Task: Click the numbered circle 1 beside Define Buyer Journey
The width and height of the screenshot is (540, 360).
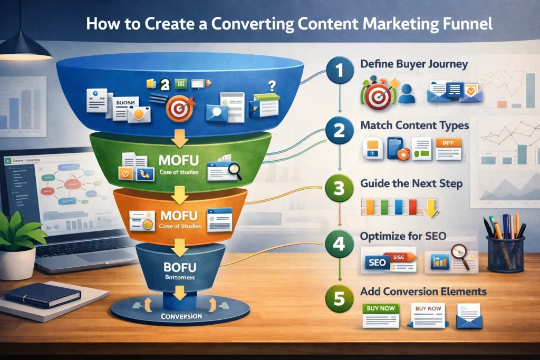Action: pos(339,71)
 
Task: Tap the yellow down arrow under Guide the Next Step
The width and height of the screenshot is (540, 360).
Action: pos(430,207)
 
